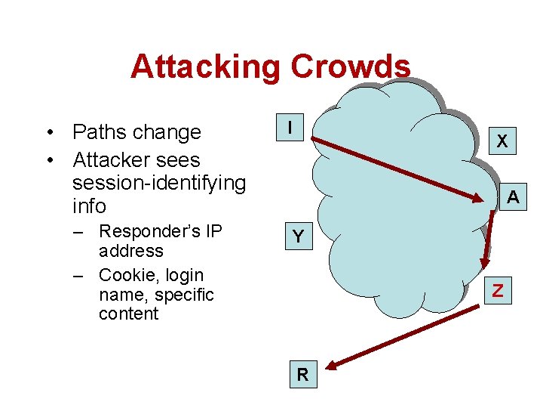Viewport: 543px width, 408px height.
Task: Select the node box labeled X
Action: (502, 141)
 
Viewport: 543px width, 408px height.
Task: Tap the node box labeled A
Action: (512, 197)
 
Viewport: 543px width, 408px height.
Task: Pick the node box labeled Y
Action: (298, 237)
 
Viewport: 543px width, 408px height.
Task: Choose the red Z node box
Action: (497, 289)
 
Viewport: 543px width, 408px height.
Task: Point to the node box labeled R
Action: (302, 374)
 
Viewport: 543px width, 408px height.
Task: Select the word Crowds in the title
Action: (350, 66)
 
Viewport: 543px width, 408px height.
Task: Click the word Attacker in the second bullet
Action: (115, 160)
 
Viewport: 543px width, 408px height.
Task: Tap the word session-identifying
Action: (159, 183)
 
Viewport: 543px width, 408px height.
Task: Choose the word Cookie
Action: (124, 275)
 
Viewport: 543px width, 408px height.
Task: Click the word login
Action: (183, 275)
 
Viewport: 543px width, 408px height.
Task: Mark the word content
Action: (128, 314)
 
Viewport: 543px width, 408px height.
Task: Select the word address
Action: (130, 250)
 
